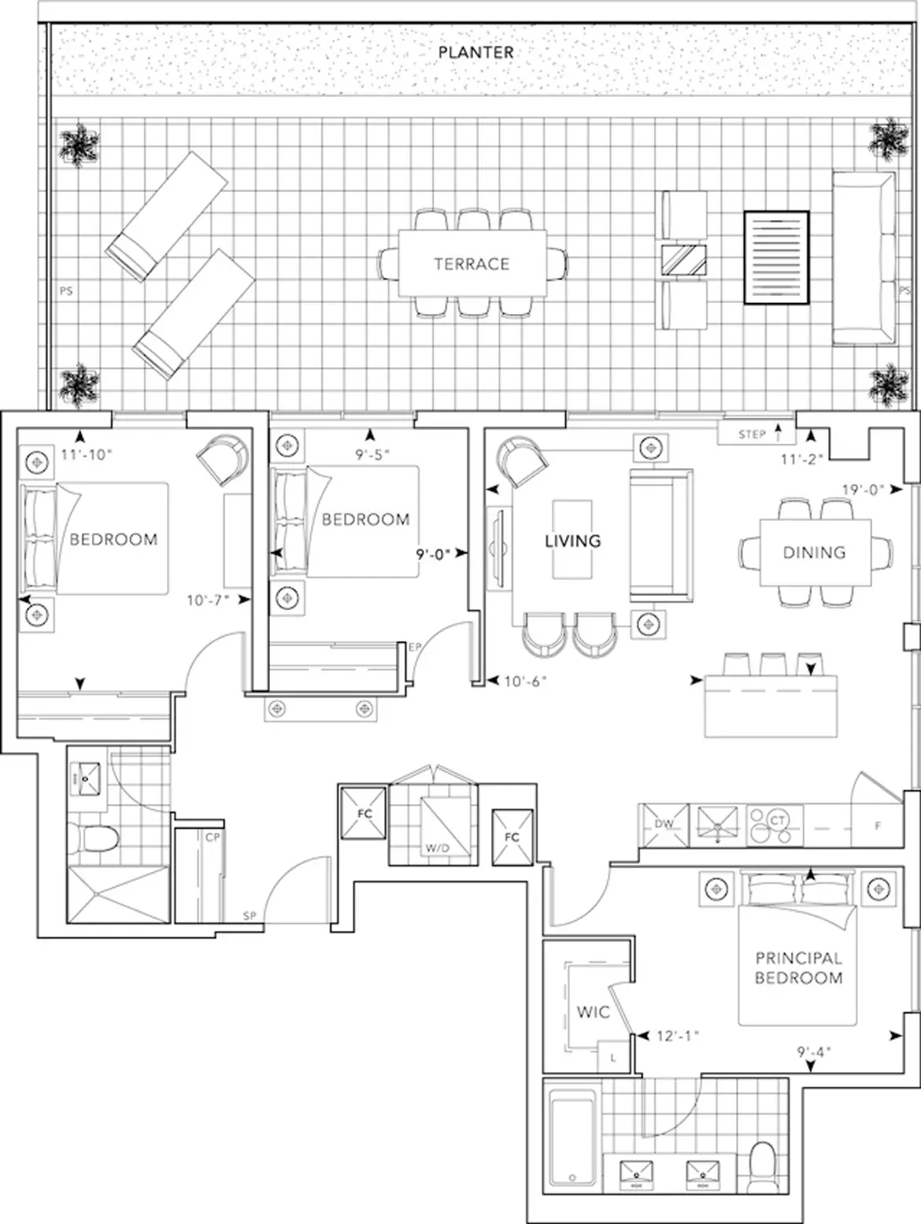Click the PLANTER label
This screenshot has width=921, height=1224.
click(x=475, y=53)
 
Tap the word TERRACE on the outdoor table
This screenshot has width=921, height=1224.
click(x=472, y=264)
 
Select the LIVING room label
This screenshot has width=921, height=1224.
click(x=572, y=540)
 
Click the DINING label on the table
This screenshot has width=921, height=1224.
click(x=814, y=552)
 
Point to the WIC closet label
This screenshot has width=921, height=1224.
click(x=594, y=1012)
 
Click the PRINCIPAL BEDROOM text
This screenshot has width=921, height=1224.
click(x=798, y=967)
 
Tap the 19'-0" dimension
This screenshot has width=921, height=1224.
click(x=864, y=490)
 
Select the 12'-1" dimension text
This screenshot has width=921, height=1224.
click(x=678, y=1036)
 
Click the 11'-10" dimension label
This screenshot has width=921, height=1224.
click(x=87, y=454)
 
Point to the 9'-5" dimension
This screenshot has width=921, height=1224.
click(x=372, y=454)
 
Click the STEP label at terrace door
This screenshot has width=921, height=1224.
click(x=752, y=435)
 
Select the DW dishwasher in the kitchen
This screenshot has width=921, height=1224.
click(x=664, y=826)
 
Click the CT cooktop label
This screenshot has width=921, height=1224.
click(x=777, y=820)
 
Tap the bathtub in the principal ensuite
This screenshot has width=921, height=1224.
click(x=572, y=1136)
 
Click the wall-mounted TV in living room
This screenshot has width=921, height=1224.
click(x=498, y=548)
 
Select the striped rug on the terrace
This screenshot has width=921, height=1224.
click(x=776, y=257)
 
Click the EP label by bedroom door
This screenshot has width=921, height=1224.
click(x=415, y=647)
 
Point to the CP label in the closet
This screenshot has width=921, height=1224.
click(x=213, y=838)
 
